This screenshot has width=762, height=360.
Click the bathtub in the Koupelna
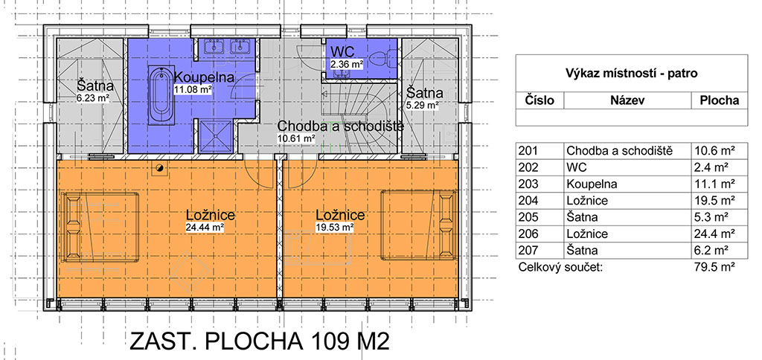(x=159, y=96)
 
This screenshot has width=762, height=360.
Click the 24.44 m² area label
(x=204, y=227)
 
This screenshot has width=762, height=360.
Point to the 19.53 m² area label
(x=334, y=227)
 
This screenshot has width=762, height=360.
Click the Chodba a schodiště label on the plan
(x=341, y=126)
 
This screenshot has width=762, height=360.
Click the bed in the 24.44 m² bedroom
(x=100, y=227)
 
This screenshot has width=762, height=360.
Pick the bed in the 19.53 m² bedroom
(x=419, y=225)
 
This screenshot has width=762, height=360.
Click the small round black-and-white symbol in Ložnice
(x=159, y=169)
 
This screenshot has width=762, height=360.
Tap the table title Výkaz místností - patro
(x=631, y=74)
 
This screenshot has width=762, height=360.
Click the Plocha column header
(x=720, y=100)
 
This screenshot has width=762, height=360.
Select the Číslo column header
(x=540, y=100)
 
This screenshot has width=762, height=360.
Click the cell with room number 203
(x=528, y=184)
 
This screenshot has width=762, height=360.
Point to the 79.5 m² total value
(x=714, y=267)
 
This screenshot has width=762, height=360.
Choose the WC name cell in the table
(x=577, y=167)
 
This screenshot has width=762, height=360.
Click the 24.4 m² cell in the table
(x=714, y=234)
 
